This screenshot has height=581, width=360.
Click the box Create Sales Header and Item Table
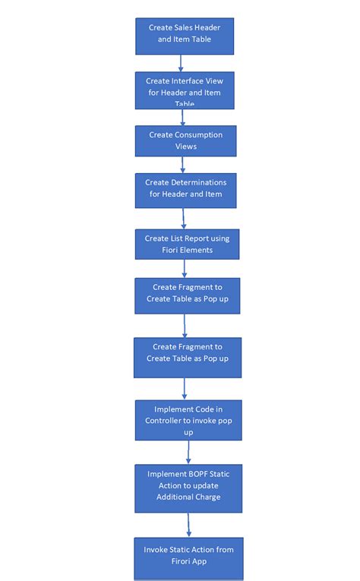point(185,36)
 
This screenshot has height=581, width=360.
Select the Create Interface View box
point(185,90)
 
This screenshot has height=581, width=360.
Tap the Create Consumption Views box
point(185,141)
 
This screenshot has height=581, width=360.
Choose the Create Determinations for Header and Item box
point(185,190)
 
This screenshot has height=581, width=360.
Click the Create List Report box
point(187,245)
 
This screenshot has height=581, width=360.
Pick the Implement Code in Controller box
point(188,420)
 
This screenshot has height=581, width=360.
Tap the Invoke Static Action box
point(188,558)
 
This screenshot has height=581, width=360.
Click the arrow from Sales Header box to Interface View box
point(183,63)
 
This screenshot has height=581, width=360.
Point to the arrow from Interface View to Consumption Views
point(182,117)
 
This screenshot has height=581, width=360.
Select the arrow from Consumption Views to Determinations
point(184,166)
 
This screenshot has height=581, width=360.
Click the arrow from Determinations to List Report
point(185,218)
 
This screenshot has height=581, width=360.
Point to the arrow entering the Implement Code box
point(185,388)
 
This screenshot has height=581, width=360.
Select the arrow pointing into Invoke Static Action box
point(188,525)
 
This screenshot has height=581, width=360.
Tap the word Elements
point(196,250)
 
